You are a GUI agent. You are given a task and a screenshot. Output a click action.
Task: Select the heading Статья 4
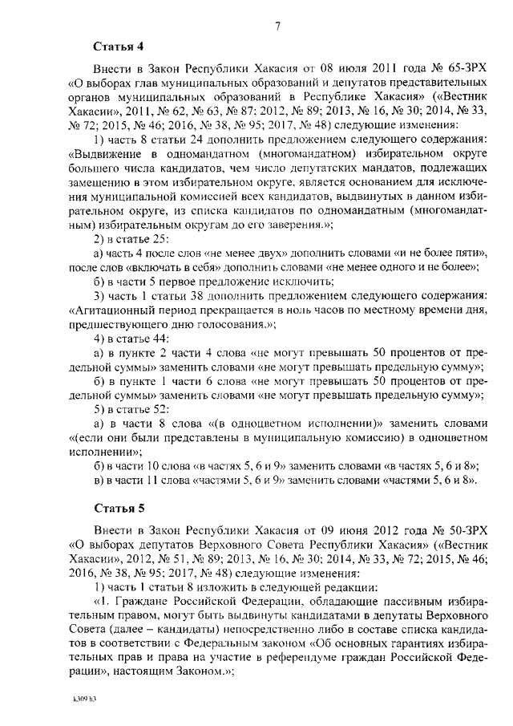115,47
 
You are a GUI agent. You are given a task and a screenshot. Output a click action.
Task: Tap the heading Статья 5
115,508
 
